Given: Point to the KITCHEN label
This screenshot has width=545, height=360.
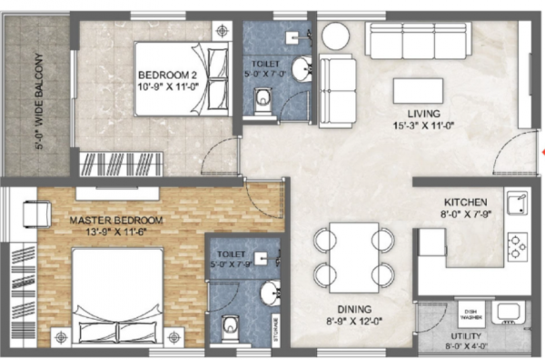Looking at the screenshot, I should pos(467,201).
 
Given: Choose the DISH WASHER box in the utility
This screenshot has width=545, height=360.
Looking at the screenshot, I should pos(471,315).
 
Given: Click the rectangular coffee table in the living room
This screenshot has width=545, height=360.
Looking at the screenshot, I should pos(418,91).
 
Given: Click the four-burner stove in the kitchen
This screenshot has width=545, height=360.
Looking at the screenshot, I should pos(519,244).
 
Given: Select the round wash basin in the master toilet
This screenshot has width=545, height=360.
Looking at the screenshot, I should pos(269,292).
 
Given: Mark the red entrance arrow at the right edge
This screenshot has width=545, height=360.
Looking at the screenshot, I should pos(541,151).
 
